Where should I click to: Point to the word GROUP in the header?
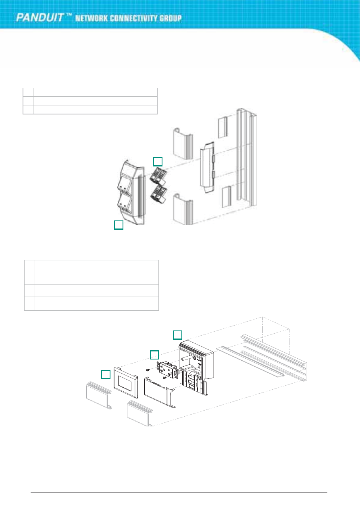coord(171,19)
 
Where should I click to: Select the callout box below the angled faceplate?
coord(119,225)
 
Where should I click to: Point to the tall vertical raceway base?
coord(246,165)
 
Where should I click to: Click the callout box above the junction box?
coord(178,334)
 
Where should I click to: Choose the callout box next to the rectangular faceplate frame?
coord(106,374)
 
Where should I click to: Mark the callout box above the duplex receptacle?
coord(154,355)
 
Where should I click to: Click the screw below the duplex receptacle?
coord(164,378)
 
